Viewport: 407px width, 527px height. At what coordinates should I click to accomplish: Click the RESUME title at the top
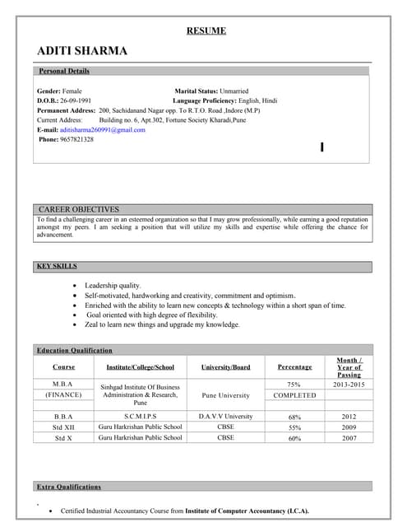(x=206, y=31)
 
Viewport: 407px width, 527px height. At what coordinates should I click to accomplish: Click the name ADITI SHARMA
(x=82, y=51)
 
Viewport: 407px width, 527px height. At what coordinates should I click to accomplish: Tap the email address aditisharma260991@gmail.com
(x=103, y=130)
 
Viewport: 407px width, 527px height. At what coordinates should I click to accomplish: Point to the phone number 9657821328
(x=76, y=140)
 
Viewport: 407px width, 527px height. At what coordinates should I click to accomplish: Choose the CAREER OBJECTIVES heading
(x=79, y=210)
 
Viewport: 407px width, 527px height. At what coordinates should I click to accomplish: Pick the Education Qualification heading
(x=74, y=351)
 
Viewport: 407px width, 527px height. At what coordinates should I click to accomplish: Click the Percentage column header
(x=294, y=366)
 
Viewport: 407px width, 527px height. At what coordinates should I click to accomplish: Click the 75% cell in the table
(x=294, y=385)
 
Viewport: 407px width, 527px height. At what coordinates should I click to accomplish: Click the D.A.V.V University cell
(x=225, y=417)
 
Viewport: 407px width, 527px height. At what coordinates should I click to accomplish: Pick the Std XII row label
(x=63, y=427)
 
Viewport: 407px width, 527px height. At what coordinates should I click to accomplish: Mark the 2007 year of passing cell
(x=349, y=438)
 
